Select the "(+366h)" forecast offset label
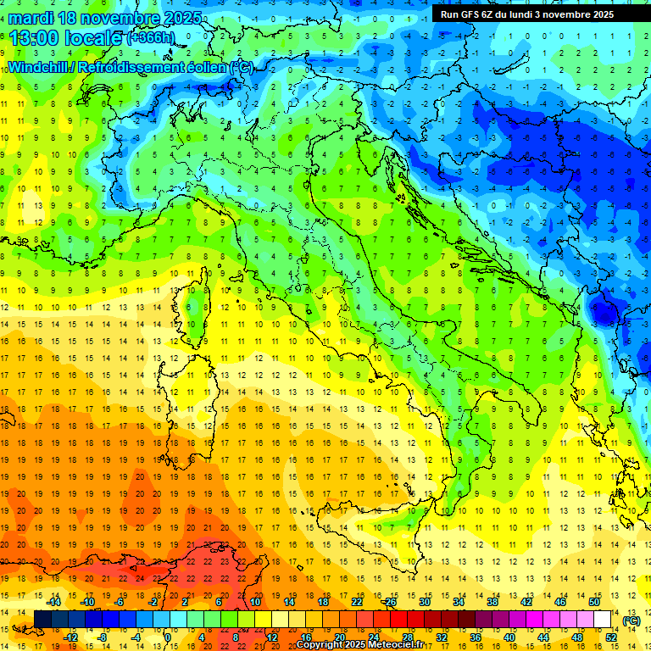(150, 39)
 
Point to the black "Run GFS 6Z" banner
(535, 14)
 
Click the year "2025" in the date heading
(180, 18)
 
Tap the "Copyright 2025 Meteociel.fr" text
(360, 645)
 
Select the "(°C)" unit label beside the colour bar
(631, 620)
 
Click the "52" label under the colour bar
(611, 637)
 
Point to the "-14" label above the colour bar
(53, 602)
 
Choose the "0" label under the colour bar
(167, 637)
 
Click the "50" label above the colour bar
(594, 602)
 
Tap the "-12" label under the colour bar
(70, 637)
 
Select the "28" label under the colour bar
(408, 637)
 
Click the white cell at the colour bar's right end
(603, 620)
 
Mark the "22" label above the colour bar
(357, 602)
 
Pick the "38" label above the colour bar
(492, 602)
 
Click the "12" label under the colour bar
(272, 637)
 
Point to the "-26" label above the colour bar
(390, 602)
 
